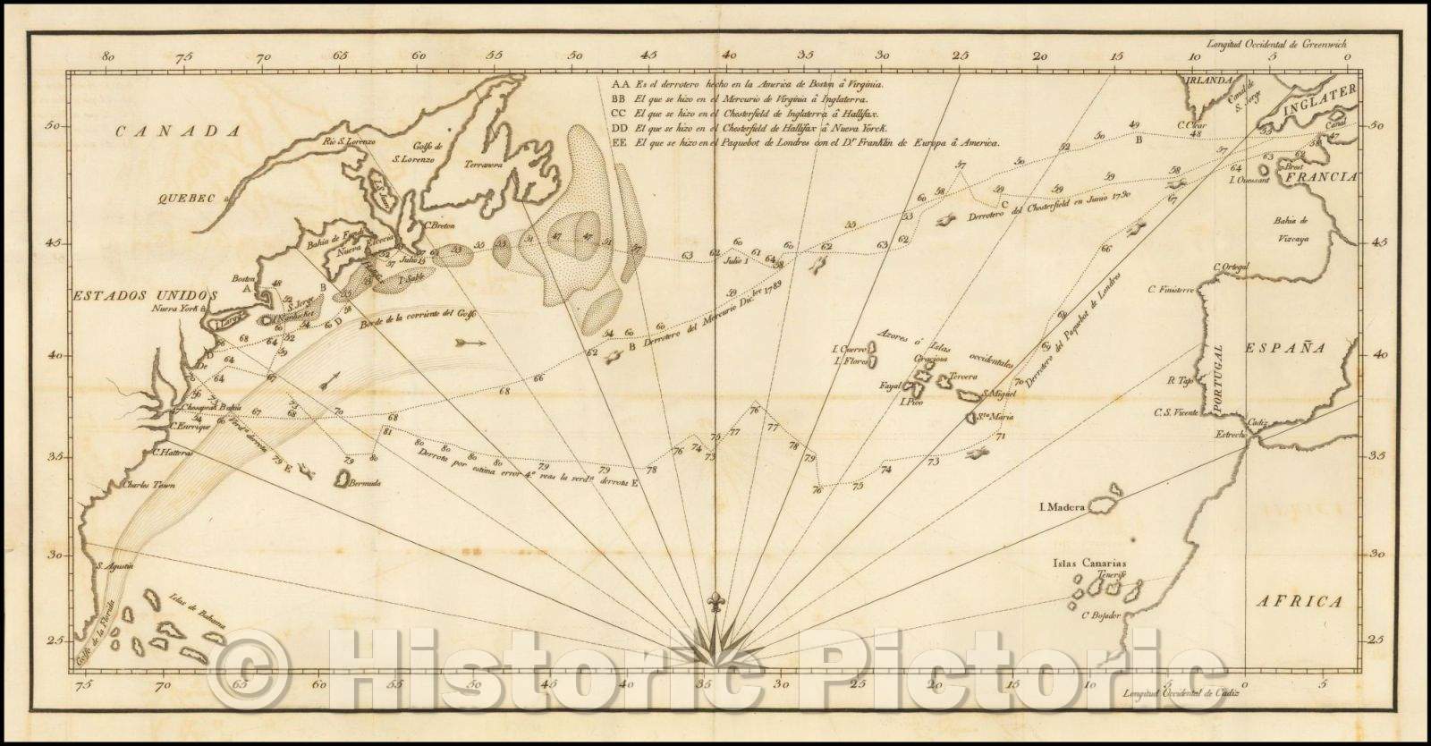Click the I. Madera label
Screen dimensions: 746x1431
(1061, 507)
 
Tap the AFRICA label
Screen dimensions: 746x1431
(1305, 602)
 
